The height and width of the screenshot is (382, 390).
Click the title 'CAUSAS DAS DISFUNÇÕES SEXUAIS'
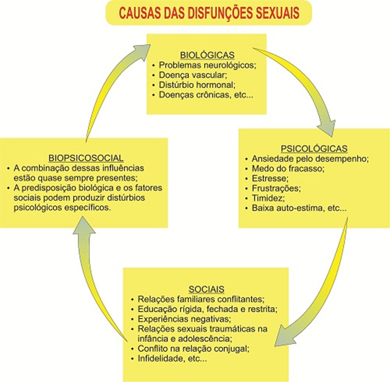click(208, 12)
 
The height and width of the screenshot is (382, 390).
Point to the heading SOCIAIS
click(206, 289)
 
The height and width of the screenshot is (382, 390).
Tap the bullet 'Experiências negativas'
click(186, 319)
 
